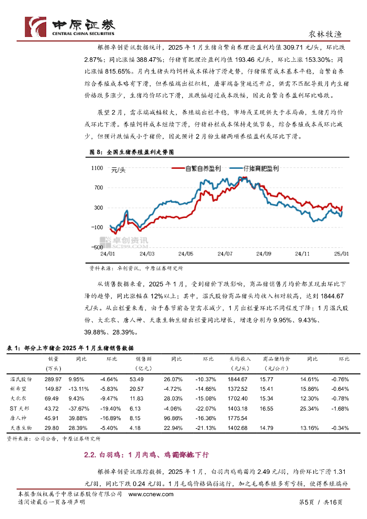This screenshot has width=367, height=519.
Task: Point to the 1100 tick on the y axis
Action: pos(96,168)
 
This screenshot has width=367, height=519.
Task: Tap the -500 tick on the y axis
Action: pos(96,246)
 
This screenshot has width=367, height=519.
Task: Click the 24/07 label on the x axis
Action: pos(225,253)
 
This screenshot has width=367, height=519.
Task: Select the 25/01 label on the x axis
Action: pos(341,253)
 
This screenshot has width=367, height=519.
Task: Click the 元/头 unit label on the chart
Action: pos(118,170)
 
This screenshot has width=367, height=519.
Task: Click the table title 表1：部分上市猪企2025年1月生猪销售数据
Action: pos(70,348)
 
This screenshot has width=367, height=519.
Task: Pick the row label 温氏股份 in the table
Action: pos(21,379)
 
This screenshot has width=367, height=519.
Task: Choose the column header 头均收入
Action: pos(238,359)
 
